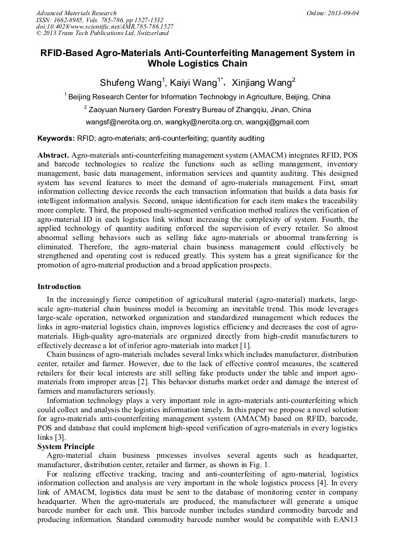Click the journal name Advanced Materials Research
pyautogui.click(x=76, y=13)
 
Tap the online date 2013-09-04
pyautogui.click(x=342, y=13)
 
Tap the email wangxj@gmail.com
pyautogui.click(x=277, y=122)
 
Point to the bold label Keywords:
pyautogui.click(x=55, y=138)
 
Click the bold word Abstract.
pyautogui.click(x=53, y=155)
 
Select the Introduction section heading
pyautogui.click(x=59, y=287)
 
